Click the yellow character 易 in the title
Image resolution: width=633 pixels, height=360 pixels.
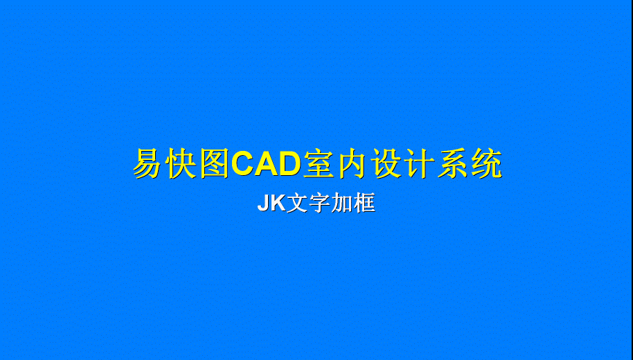click(x=148, y=163)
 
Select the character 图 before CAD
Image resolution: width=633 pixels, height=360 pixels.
click(x=215, y=163)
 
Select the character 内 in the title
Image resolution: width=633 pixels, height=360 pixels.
click(x=353, y=163)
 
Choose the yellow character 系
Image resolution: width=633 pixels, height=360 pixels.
click(x=454, y=163)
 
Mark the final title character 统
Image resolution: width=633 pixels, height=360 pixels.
click(x=488, y=163)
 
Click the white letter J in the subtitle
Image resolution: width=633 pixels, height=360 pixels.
click(x=264, y=203)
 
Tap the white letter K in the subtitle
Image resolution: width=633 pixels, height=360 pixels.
click(x=278, y=203)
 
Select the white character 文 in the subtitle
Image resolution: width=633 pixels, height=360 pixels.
click(x=296, y=203)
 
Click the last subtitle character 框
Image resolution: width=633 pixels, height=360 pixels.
click(x=365, y=203)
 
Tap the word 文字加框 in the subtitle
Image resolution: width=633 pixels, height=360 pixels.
click(x=331, y=203)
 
